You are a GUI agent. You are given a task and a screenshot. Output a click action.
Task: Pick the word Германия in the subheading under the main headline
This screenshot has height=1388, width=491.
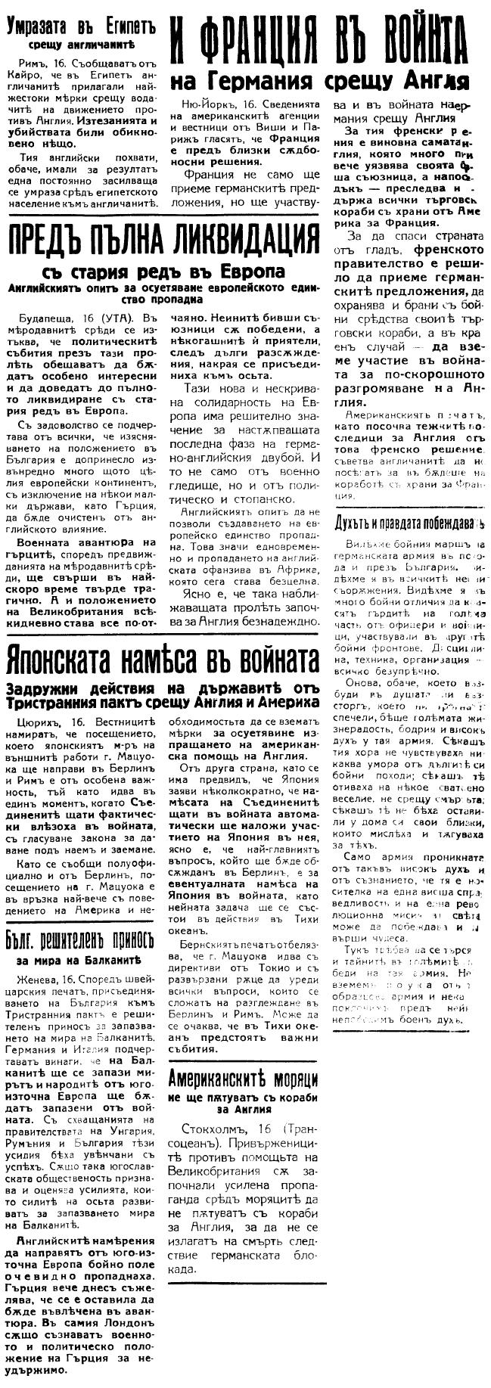287,80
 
